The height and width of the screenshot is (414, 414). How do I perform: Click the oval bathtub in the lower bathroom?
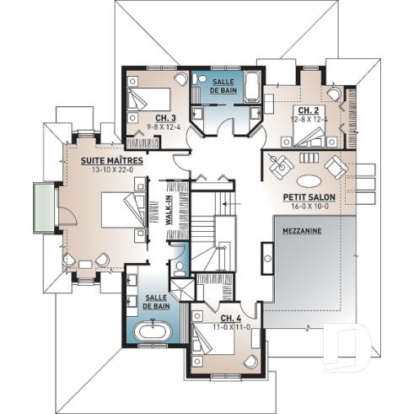151,341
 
